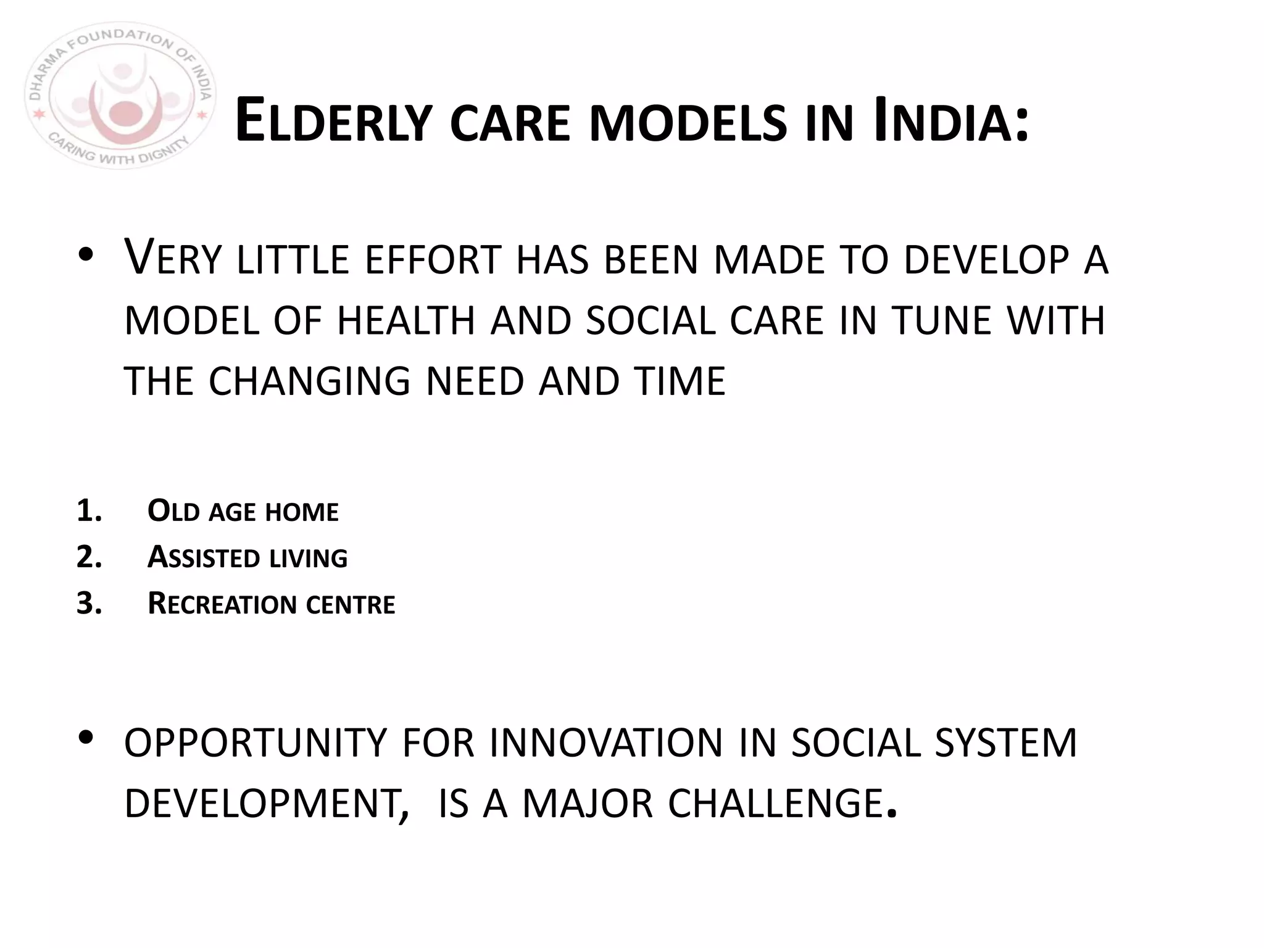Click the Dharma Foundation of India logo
point(120,96)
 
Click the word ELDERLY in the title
point(333,122)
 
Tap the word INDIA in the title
point(944,122)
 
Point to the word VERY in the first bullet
point(172,258)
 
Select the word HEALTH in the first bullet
point(406,321)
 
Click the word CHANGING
point(309,381)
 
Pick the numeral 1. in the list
point(89,511)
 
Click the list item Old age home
point(243,512)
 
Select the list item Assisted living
point(247,557)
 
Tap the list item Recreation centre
point(271,604)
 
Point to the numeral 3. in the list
point(89,603)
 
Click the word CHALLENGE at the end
point(775,804)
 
